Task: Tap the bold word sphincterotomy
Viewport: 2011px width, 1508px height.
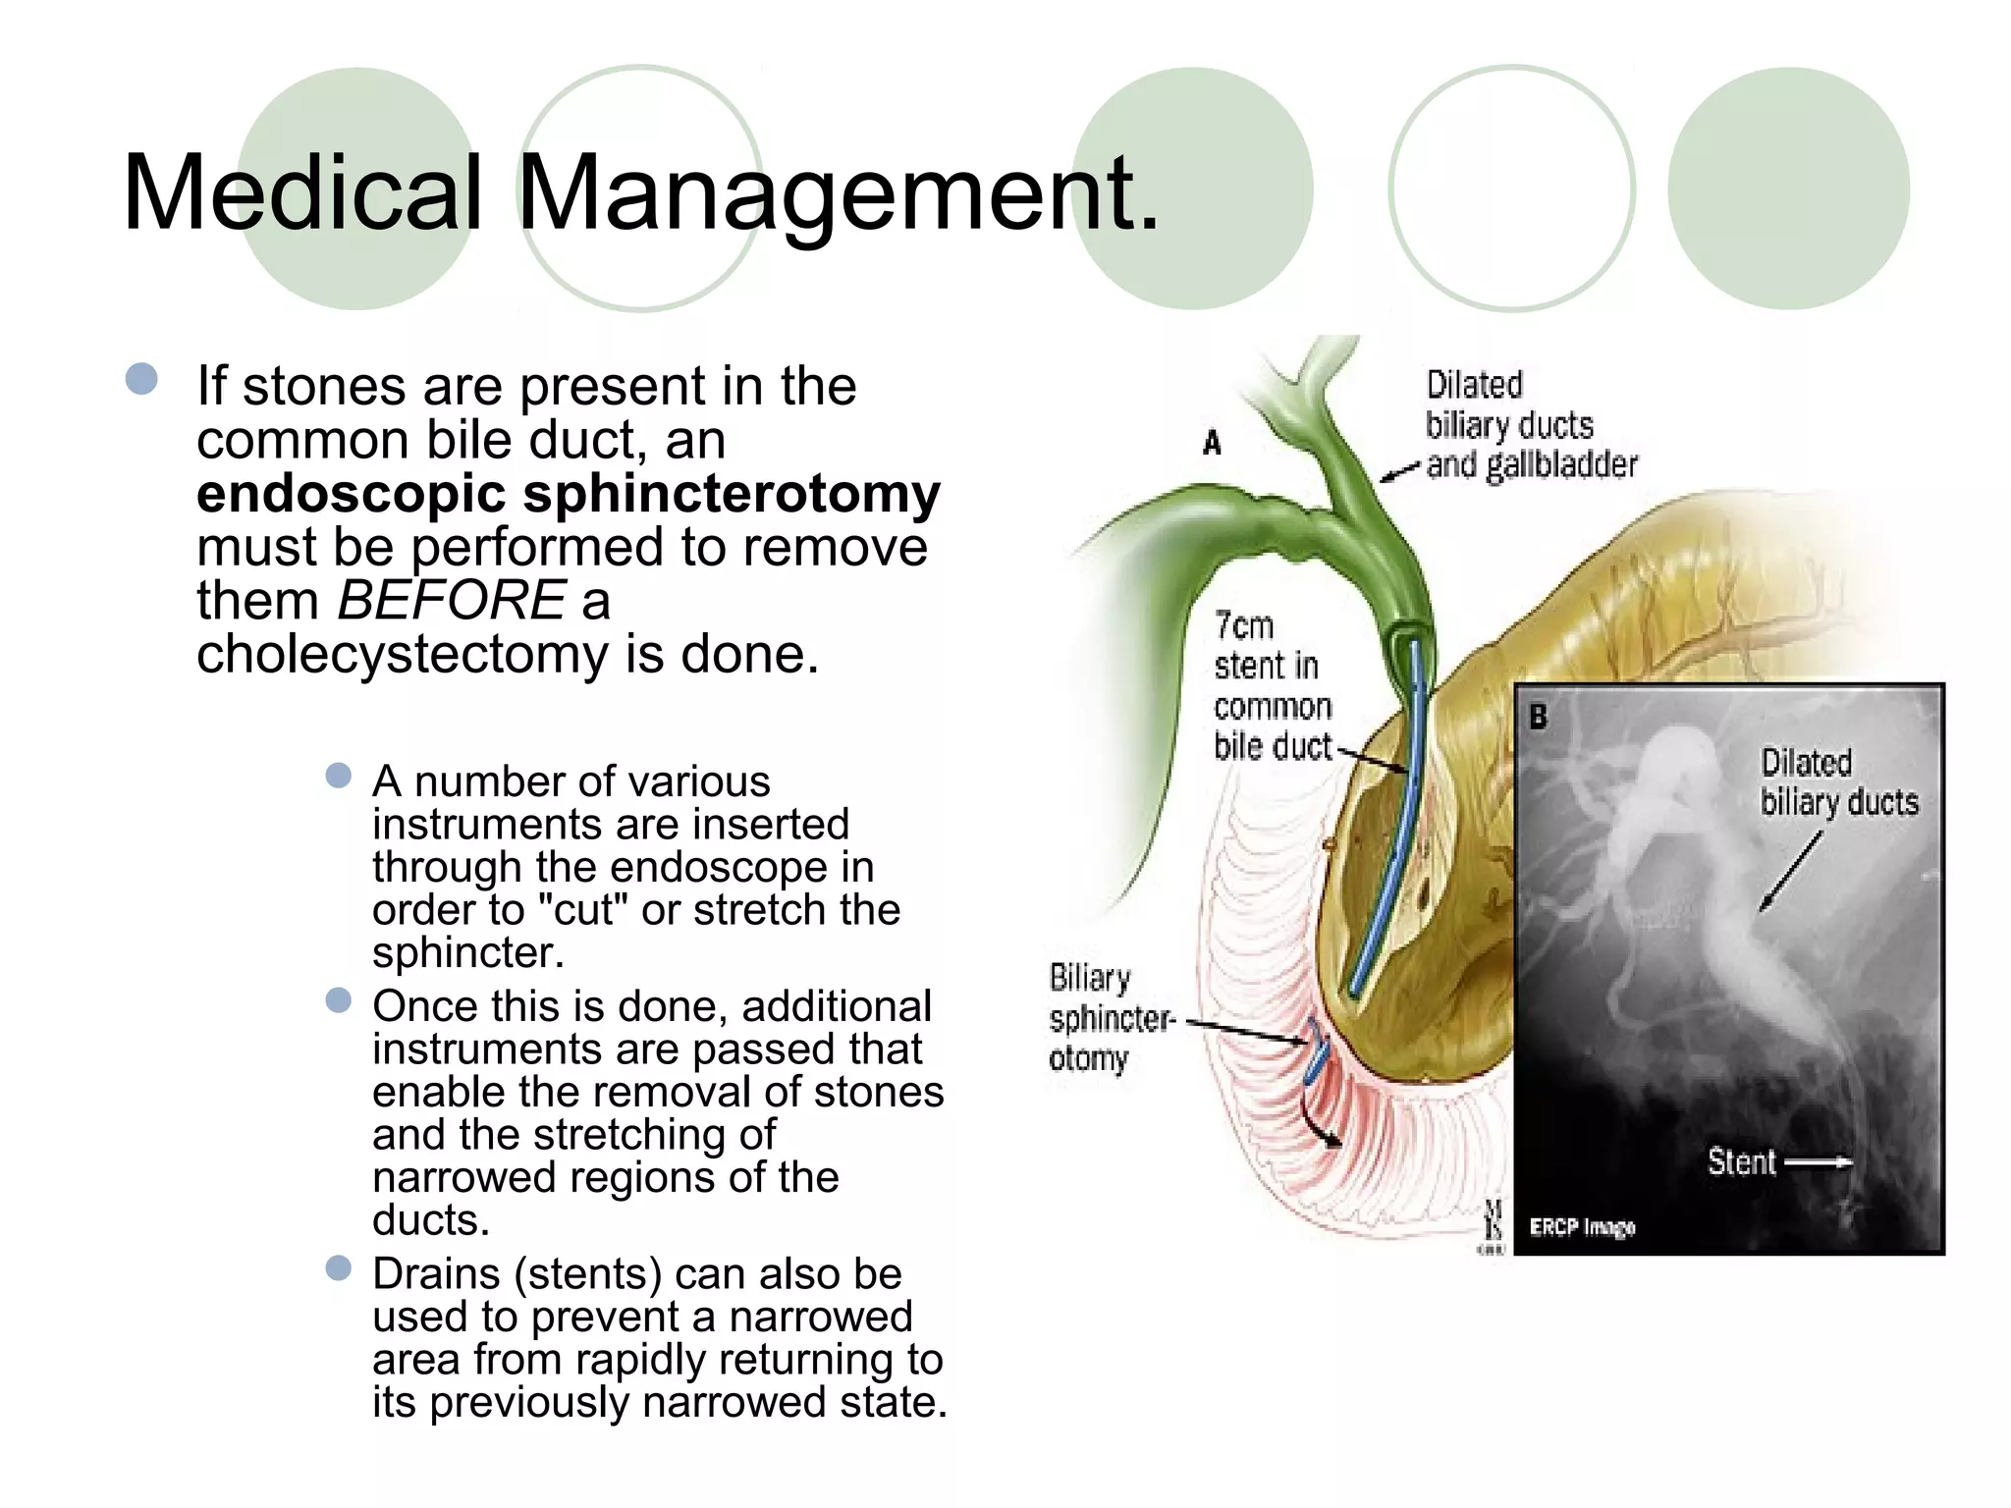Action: point(731,493)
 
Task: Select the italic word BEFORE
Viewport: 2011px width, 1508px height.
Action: point(452,600)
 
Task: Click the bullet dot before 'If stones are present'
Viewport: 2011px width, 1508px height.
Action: point(142,379)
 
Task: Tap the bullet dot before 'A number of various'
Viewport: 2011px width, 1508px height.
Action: point(339,777)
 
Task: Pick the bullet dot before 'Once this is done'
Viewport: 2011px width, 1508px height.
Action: point(339,1000)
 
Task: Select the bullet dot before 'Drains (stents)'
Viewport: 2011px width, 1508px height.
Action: point(339,1268)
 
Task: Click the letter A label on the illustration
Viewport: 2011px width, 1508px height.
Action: point(1213,444)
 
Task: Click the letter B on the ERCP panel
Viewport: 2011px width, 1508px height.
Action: point(1539,718)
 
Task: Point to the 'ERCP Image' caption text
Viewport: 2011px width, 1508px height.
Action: point(1582,1227)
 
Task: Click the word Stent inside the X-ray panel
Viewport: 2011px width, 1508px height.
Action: point(1741,1162)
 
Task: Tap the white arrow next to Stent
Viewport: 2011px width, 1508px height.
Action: point(1818,1162)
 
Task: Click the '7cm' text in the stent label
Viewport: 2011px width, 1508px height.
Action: point(1243,625)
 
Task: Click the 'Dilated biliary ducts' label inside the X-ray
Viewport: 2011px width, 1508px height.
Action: point(1838,782)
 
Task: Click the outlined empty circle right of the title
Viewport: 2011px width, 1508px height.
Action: point(1511,188)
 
